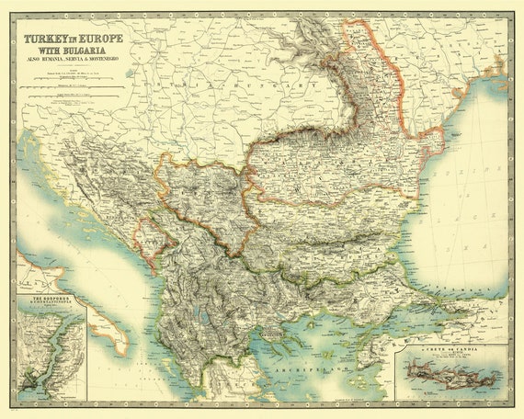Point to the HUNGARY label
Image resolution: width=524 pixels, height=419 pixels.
click(x=285, y=85)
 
